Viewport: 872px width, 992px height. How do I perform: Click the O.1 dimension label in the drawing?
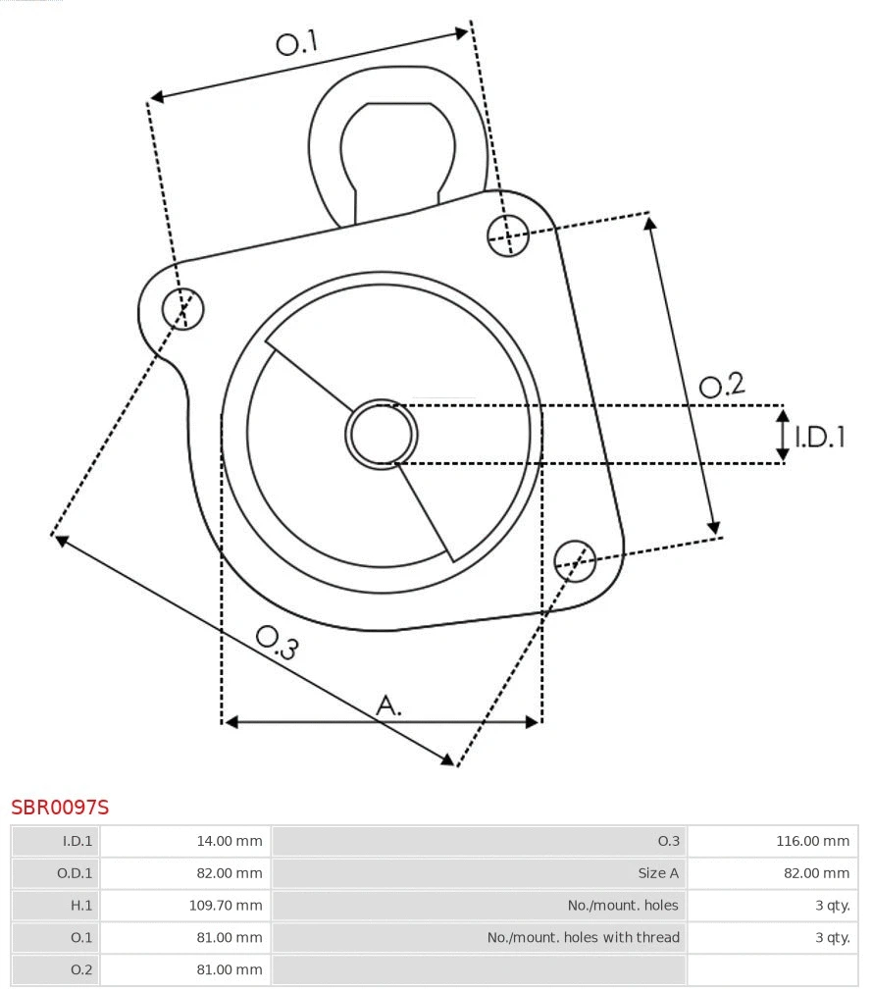coord(297,43)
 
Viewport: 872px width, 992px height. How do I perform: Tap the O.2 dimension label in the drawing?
coord(722,386)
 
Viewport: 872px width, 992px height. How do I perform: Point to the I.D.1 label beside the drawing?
coord(819,438)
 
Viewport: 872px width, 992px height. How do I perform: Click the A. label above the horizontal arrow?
coord(389,705)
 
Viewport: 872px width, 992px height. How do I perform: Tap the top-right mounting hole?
coord(508,235)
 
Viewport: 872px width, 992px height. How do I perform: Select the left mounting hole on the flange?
coord(183,309)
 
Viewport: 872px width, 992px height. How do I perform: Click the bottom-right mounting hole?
coord(575,559)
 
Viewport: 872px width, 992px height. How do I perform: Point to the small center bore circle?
coord(382,434)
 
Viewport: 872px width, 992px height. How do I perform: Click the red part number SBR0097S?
coord(60,808)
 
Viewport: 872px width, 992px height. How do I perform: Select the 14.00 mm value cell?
coord(231,841)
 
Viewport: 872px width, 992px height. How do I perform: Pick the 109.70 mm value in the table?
coord(226,906)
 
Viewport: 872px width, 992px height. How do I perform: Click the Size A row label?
coord(657,873)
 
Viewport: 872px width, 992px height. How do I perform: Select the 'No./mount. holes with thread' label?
coord(583,938)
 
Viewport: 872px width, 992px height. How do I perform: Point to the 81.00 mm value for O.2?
coord(231,969)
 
